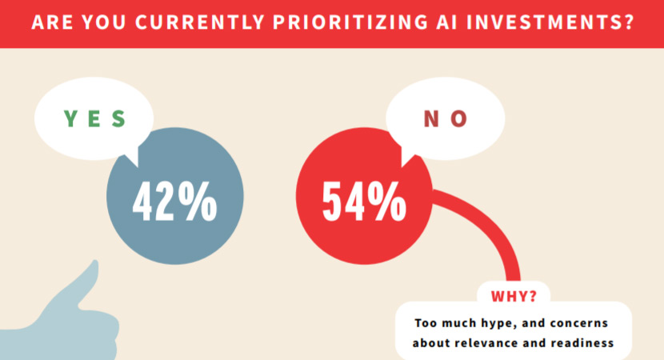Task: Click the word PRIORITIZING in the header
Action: (x=350, y=22)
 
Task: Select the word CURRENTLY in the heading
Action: (x=200, y=22)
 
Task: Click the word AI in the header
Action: (x=446, y=22)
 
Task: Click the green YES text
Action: (x=95, y=118)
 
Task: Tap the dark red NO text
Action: (x=446, y=118)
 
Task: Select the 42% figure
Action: (x=175, y=201)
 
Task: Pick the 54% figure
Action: (x=364, y=201)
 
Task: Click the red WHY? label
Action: (x=514, y=296)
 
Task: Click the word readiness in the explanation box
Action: (x=582, y=342)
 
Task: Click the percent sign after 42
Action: (x=198, y=201)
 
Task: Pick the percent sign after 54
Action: (x=386, y=201)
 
